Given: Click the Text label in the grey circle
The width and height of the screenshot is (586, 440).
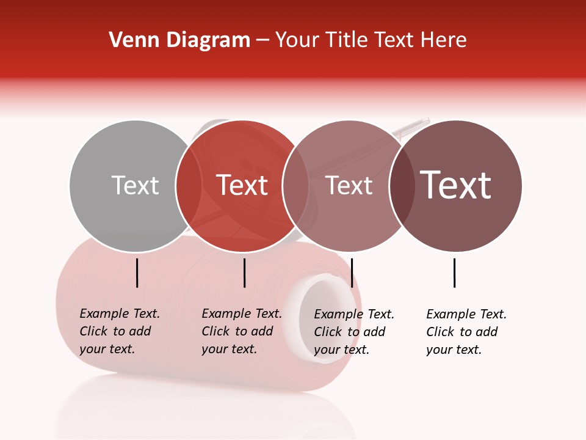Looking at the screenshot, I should coord(135,185).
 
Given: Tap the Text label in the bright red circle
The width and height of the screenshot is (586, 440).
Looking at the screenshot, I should coord(242,185).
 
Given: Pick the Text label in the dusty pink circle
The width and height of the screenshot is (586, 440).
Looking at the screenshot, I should coord(349,185).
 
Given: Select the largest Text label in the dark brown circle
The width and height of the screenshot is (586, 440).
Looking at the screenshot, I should coord(455,185).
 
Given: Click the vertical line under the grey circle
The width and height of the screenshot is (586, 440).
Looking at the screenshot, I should coord(137,273).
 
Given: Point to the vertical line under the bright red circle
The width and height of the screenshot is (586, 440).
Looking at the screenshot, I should coord(244,273).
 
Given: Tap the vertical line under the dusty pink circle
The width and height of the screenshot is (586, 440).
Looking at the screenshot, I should coord(352,273).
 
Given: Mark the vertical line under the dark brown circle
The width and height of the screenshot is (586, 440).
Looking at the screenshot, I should coord(454,273).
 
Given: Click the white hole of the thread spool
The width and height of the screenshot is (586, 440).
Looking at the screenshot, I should coord(323,318).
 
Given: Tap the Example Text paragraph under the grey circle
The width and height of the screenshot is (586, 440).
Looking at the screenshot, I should coord(119,331).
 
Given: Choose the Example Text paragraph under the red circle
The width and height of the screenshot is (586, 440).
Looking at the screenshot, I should coord(241,331).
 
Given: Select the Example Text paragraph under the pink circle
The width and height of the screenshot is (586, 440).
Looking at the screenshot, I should coord(353,332).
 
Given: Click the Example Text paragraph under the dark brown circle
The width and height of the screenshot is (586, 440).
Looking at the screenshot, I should coord(466,332).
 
